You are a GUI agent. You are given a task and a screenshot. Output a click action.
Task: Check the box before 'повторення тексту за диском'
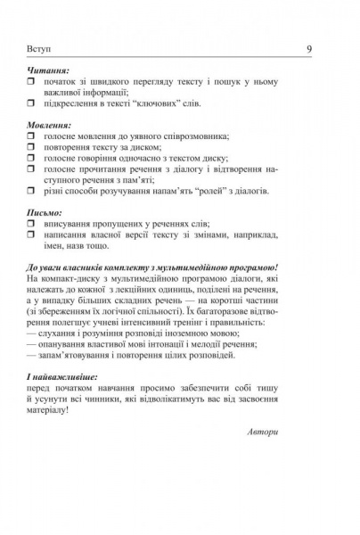(30, 147)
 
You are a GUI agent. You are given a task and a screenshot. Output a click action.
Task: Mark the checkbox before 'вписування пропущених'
(30, 225)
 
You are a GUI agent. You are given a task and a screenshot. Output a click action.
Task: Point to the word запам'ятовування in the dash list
(75, 354)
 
